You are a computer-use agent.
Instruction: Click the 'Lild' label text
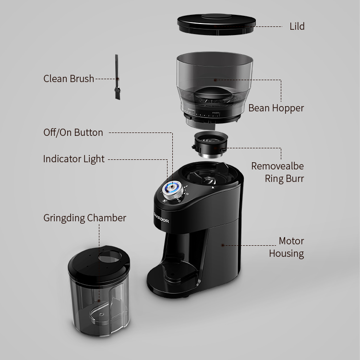(x=297, y=26)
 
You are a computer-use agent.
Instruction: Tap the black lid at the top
(x=216, y=24)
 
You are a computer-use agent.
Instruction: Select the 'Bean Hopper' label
(x=276, y=108)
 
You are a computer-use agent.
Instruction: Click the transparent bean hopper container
(x=215, y=90)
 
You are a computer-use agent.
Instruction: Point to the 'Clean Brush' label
(x=69, y=79)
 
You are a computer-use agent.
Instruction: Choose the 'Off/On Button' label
(x=73, y=132)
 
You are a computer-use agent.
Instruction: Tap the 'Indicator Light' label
(x=74, y=159)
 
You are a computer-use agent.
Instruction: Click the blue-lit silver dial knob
(x=173, y=190)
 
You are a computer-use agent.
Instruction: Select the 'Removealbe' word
(x=277, y=166)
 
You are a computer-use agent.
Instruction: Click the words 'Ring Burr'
(x=284, y=179)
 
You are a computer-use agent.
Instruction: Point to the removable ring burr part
(x=210, y=144)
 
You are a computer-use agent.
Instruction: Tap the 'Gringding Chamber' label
(x=84, y=218)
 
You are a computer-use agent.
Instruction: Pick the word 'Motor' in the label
(x=291, y=241)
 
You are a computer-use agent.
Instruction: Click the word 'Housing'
(x=287, y=254)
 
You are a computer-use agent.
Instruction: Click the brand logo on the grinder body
(x=161, y=218)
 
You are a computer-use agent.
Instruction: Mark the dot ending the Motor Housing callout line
(x=222, y=245)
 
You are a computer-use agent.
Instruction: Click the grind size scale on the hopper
(x=202, y=114)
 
